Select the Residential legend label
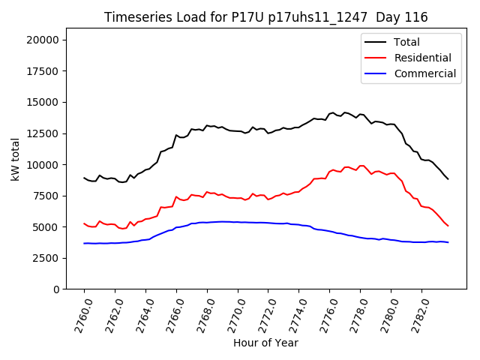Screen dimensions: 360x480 click(x=422, y=58)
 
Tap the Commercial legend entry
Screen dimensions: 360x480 click(x=424, y=73)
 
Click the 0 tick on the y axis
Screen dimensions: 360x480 click(x=57, y=289)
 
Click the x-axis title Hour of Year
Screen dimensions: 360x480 click(x=265, y=343)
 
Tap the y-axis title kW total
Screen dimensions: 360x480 click(x=15, y=164)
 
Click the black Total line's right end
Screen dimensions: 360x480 click(x=448, y=178)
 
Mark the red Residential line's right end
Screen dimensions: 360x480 click(x=448, y=226)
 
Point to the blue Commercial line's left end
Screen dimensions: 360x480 click(x=84, y=243)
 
